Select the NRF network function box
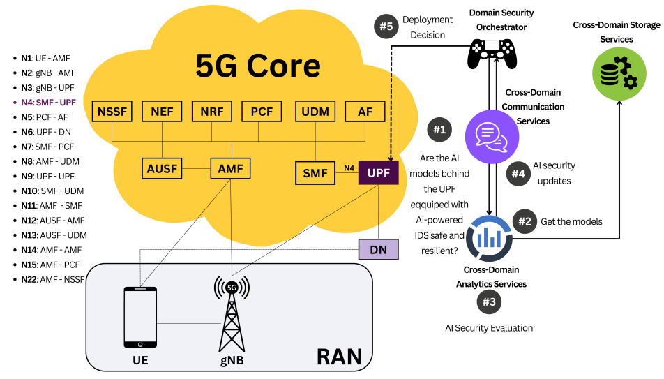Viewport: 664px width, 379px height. coord(212,112)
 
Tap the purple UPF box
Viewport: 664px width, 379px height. coord(378,172)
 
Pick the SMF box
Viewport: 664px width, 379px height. coord(315,172)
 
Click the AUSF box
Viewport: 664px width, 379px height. coord(163,168)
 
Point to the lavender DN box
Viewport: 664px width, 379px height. coord(378,249)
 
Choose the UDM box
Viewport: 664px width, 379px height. coord(315,112)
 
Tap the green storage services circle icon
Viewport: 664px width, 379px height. coord(615,72)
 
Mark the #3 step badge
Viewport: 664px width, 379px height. coord(489,302)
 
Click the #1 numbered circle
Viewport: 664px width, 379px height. coord(439,130)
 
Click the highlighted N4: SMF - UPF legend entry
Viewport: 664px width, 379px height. coord(49,103)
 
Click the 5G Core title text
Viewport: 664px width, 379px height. coord(259,66)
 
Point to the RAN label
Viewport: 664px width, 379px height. coord(339,357)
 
